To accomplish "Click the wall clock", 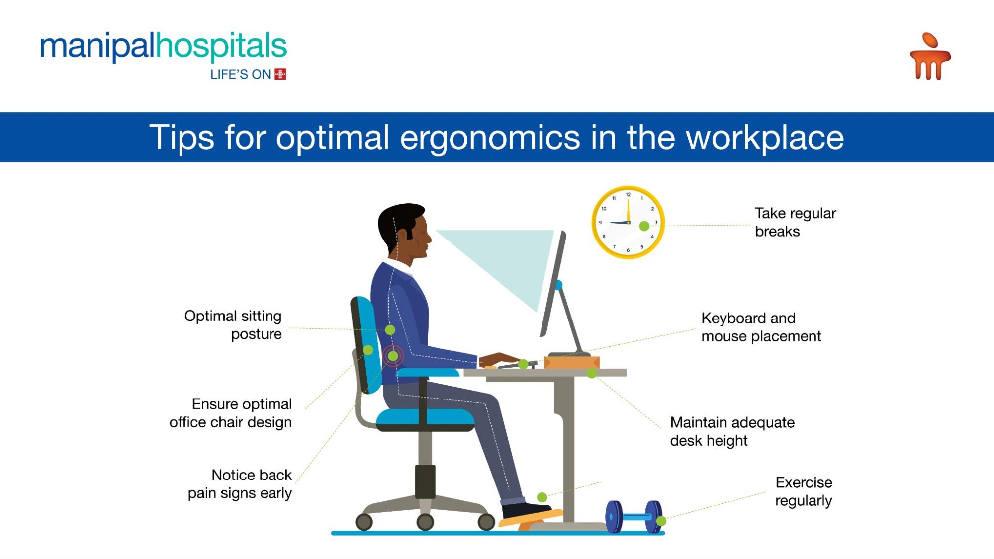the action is coord(628,222).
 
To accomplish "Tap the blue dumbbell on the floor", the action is coord(634,517).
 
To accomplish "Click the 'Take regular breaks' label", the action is coord(796,222).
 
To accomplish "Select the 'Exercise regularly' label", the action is coord(804,491).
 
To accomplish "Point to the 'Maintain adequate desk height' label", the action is coord(732,431).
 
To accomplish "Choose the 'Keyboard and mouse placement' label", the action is coord(761,327).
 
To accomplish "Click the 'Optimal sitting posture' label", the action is coord(233,325).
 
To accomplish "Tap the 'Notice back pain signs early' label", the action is coord(240,484).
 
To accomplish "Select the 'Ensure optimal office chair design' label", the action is coord(230,413).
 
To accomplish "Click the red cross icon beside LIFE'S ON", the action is coord(280,74).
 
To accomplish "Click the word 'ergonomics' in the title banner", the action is coord(490,137).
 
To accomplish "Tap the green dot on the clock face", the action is coord(644,226).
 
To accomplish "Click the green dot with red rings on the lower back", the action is coord(393,356).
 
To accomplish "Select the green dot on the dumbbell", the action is coord(661,521).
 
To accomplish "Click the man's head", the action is coord(404,233).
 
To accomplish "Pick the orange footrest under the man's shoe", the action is coord(531,519).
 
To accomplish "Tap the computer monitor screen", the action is coord(553,283).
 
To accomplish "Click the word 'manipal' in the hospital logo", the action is coord(97,47).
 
